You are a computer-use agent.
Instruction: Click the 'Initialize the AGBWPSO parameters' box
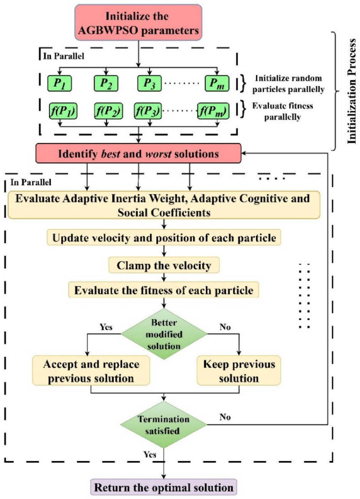[x=138, y=23]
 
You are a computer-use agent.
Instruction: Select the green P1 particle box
[x=59, y=83]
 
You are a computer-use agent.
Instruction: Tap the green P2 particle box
[x=106, y=83]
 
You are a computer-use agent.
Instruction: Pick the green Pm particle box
[x=216, y=83]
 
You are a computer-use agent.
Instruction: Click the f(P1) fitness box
[x=63, y=111]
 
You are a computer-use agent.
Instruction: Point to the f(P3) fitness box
[x=148, y=111]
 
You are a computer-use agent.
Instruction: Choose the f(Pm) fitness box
[x=213, y=111]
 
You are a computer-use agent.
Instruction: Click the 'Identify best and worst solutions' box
[x=138, y=154]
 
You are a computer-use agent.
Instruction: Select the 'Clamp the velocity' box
[x=164, y=265]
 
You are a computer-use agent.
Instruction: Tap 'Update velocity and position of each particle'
[x=164, y=238]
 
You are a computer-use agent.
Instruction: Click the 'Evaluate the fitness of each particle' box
[x=163, y=290]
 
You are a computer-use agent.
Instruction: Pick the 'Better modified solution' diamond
[x=164, y=334]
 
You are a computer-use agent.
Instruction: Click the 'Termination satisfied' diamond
[x=163, y=425]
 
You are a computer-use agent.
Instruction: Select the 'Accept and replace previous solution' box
[x=91, y=371]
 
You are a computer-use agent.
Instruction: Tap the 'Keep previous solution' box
[x=239, y=371]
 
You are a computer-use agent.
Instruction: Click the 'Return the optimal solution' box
[x=163, y=487]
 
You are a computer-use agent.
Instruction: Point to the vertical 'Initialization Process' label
[x=351, y=91]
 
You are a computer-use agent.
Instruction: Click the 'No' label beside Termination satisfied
[x=225, y=417]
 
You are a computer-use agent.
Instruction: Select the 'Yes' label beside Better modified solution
[x=106, y=327]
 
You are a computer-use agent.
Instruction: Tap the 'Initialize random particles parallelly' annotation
[x=288, y=84]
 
